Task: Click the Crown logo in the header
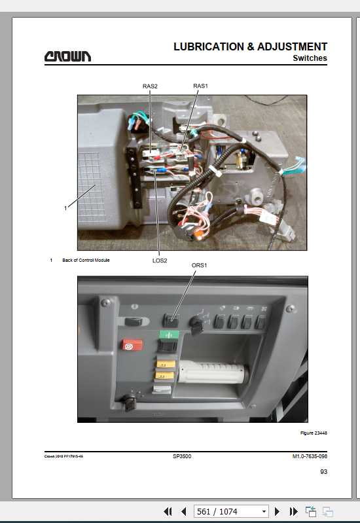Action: [67, 56]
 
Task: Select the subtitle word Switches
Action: [310, 58]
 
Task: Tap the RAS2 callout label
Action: [150, 86]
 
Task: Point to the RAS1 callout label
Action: [200, 86]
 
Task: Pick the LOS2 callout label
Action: [160, 261]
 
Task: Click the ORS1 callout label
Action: [199, 265]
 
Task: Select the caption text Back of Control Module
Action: [86, 260]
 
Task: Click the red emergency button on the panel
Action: [132, 345]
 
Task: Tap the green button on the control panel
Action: [169, 334]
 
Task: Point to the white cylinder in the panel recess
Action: [213, 372]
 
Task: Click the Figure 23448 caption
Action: [314, 433]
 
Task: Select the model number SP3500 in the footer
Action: [182, 456]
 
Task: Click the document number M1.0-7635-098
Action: [310, 456]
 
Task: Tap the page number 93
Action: [323, 472]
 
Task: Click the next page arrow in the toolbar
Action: [277, 511]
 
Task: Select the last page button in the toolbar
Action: [293, 511]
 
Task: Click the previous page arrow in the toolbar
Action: [183, 511]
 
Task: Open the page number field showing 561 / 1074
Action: [231, 511]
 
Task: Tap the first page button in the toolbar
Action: [168, 511]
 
